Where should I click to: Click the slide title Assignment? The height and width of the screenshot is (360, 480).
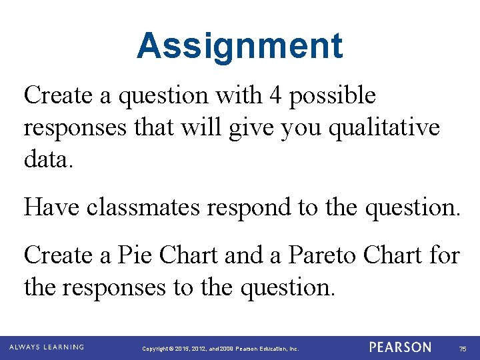click(240, 46)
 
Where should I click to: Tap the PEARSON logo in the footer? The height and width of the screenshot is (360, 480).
click(401, 347)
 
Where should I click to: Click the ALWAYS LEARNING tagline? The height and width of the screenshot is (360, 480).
click(46, 347)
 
